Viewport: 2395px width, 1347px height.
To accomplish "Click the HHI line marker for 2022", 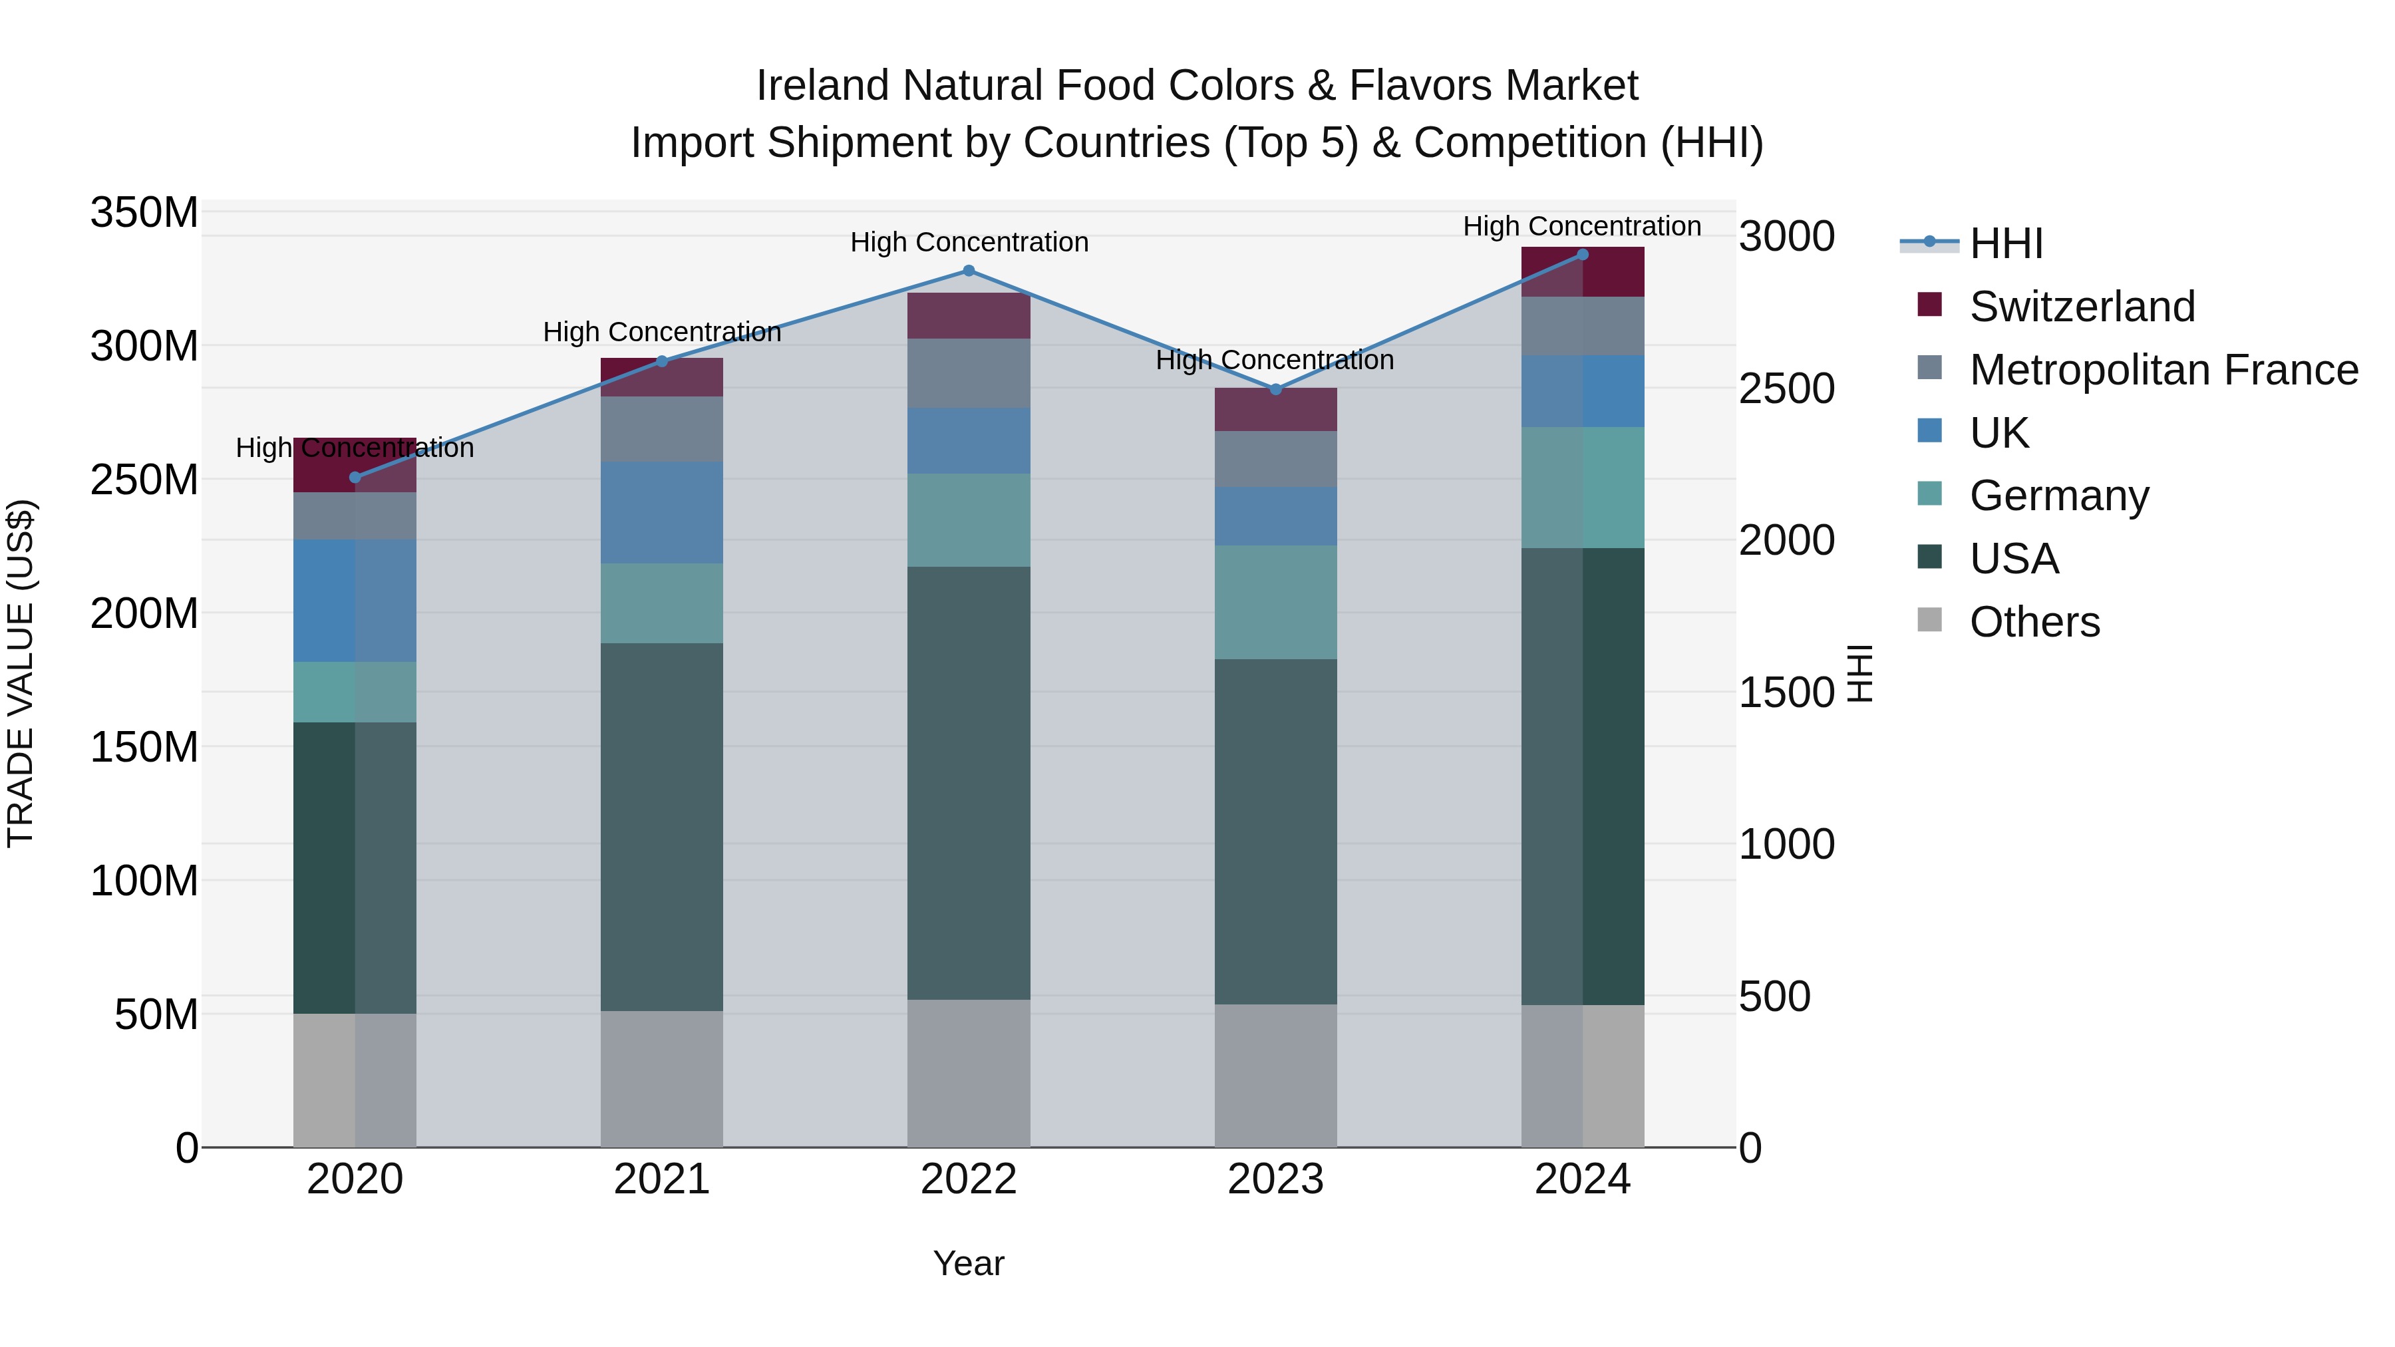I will point(968,271).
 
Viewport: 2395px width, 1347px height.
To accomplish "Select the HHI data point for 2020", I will point(354,478).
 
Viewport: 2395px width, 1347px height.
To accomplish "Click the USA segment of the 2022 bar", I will point(968,783).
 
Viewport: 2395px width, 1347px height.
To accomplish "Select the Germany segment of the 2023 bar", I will point(1275,603).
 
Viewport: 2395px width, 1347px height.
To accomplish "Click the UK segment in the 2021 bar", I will point(661,512).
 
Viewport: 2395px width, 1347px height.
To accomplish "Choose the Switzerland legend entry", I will point(2082,307).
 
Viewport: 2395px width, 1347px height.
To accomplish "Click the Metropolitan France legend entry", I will point(2163,370).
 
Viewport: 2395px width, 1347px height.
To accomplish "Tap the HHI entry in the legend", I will point(2005,243).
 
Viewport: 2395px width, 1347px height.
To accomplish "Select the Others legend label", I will point(2034,622).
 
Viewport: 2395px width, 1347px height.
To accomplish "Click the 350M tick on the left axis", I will point(144,213).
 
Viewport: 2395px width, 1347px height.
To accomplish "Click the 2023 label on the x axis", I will point(1275,1179).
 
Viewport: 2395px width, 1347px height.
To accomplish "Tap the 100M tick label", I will point(144,880).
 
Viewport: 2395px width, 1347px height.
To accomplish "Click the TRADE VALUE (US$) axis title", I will point(21,673).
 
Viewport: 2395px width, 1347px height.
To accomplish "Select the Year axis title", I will point(968,1263).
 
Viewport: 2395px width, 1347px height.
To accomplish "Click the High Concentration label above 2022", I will point(968,243).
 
